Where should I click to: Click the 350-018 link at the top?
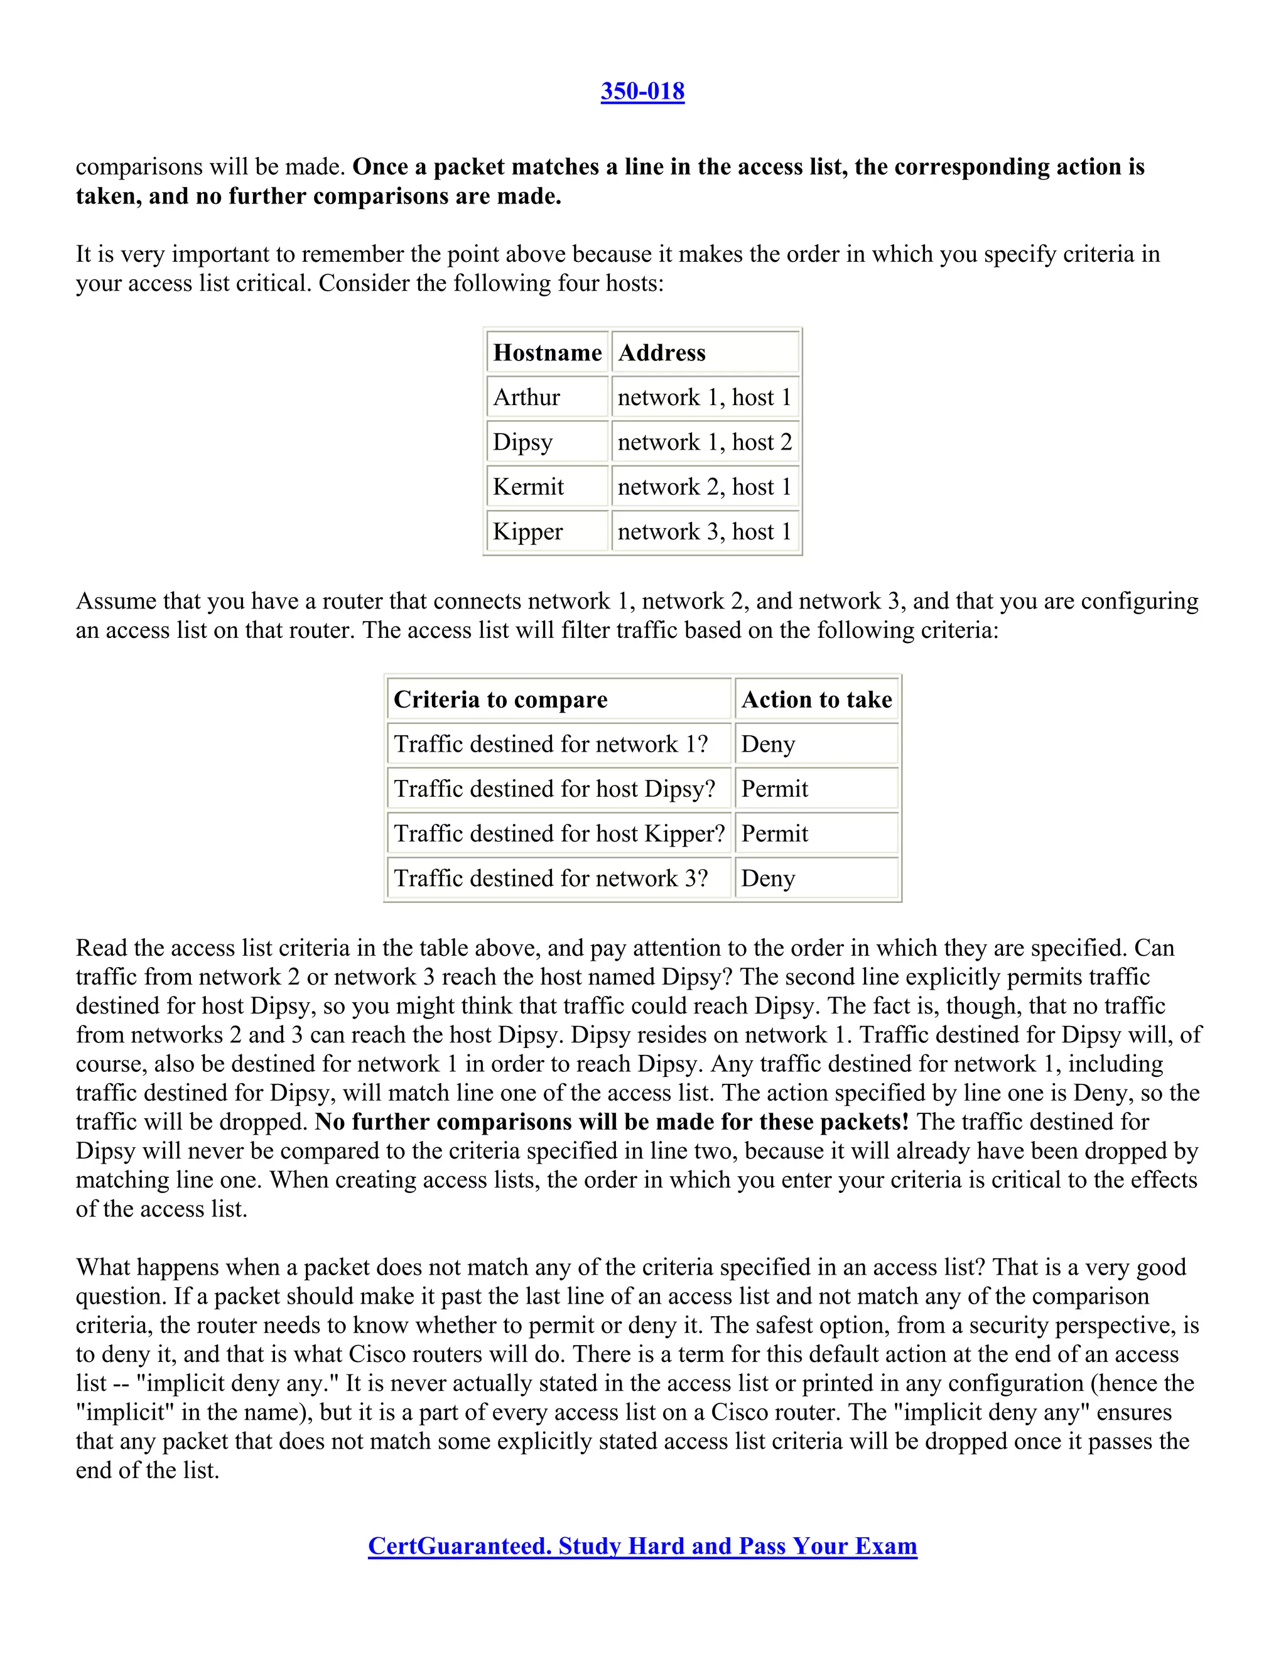642,92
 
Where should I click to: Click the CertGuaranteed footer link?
642,1545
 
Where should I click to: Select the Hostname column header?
547,352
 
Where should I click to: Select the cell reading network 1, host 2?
705,442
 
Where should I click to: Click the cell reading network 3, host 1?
705,531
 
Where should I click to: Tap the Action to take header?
816,700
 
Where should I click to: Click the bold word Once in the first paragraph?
379,167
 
